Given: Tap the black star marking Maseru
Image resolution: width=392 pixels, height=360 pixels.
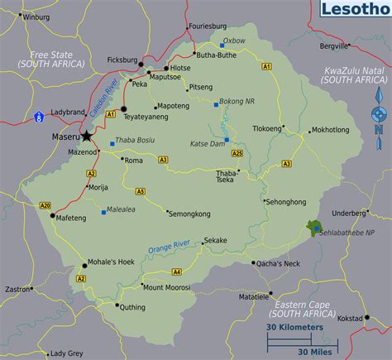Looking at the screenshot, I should coord(86,136).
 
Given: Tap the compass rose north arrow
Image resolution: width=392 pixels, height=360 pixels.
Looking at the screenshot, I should coord(378,108).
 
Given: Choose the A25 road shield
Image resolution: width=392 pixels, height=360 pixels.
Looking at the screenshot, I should coord(237,153).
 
